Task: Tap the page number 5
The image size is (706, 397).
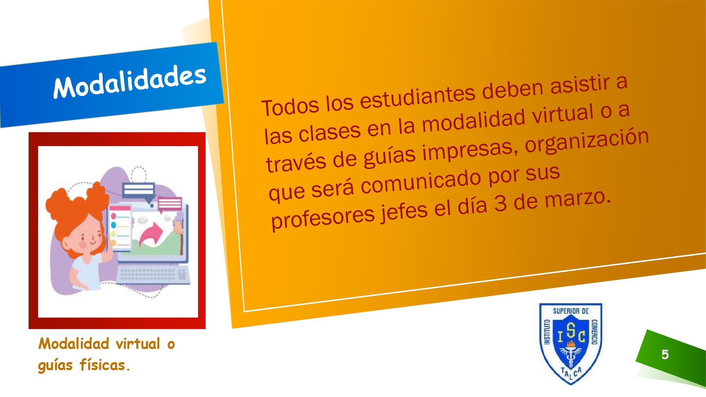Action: (665, 354)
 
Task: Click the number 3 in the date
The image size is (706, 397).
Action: (501, 204)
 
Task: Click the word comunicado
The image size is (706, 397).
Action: (420, 182)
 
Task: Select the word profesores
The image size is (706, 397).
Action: (323, 217)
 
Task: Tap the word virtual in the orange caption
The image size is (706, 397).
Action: (138, 344)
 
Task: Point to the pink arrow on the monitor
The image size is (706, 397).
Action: (151, 234)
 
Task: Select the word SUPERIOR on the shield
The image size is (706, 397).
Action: (563, 311)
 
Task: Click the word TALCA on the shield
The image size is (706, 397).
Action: (571, 372)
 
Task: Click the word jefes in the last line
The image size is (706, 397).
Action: (404, 212)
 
